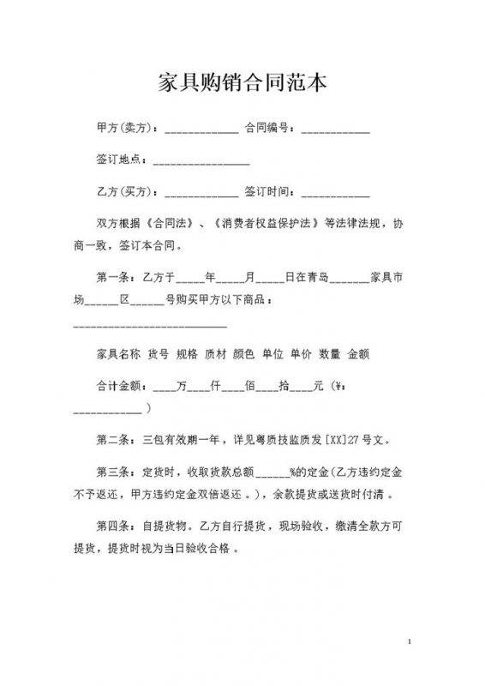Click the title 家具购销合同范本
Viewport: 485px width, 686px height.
(242, 83)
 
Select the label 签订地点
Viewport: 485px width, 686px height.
(121, 160)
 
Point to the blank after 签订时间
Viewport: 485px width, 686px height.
(336, 194)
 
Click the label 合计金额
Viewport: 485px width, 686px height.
(121, 386)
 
